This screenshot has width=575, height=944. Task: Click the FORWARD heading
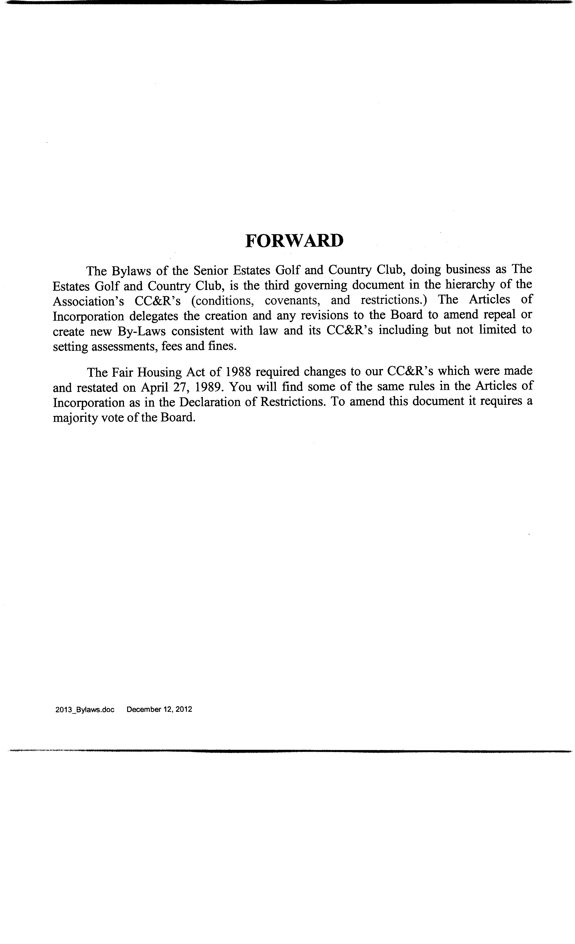[294, 240]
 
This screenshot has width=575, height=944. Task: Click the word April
[155, 387]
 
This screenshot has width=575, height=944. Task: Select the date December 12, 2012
[159, 709]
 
